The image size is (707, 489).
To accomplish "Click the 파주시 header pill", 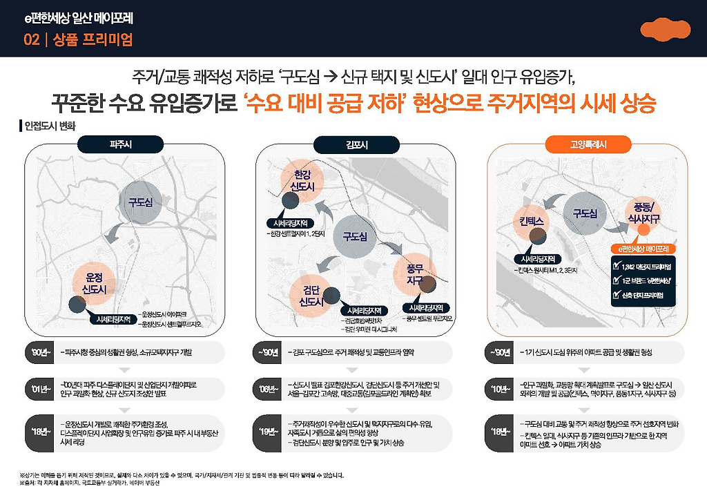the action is pyautogui.click(x=125, y=144).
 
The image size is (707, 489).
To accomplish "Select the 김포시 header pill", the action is pyautogui.click(x=356, y=144).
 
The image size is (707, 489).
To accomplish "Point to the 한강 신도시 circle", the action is pyautogui.click(x=302, y=182).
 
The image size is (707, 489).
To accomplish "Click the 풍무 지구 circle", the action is pyautogui.click(x=415, y=274).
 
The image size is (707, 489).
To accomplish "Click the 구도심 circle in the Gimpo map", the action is pyautogui.click(x=355, y=236).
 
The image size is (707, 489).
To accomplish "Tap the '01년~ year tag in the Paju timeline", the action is pyautogui.click(x=38, y=387).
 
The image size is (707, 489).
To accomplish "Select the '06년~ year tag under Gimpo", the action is pyautogui.click(x=269, y=387).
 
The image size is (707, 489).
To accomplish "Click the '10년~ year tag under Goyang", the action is pyautogui.click(x=501, y=387).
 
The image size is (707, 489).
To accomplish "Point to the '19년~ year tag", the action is pyautogui.click(x=269, y=432).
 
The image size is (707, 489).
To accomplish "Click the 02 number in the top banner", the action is pyautogui.click(x=30, y=40).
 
